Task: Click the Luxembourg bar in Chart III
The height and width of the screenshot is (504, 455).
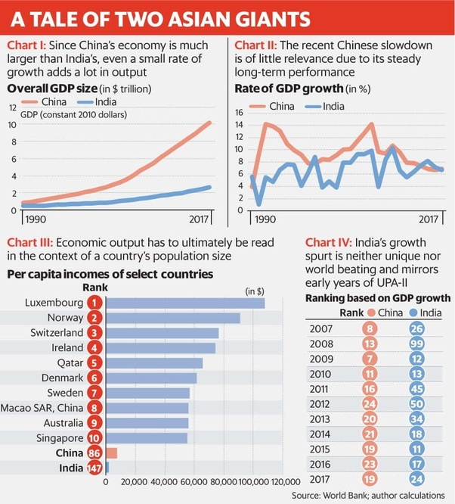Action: coord(186,303)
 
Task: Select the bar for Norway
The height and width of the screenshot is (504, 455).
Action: coord(174,318)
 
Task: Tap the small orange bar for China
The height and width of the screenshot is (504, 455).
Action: coord(112,453)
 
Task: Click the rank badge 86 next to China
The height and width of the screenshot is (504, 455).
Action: coord(94,453)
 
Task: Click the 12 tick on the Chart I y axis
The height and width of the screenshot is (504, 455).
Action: coord(11,107)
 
